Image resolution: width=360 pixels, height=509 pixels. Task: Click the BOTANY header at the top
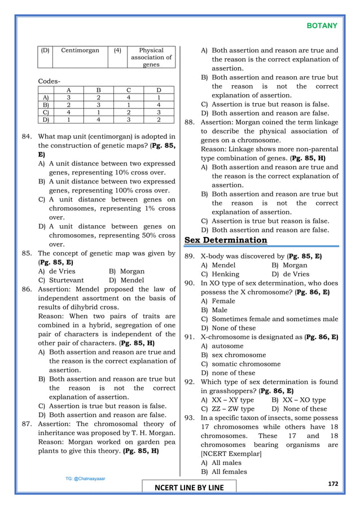[x=322, y=26]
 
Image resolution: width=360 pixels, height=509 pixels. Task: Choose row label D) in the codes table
[x=45, y=119]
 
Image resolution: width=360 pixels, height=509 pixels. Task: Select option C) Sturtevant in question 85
[x=61, y=280]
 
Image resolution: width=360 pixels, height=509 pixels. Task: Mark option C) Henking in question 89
[x=220, y=274]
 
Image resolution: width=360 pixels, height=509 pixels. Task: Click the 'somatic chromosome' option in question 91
[x=240, y=364]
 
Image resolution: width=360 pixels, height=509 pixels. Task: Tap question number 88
[x=191, y=122]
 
